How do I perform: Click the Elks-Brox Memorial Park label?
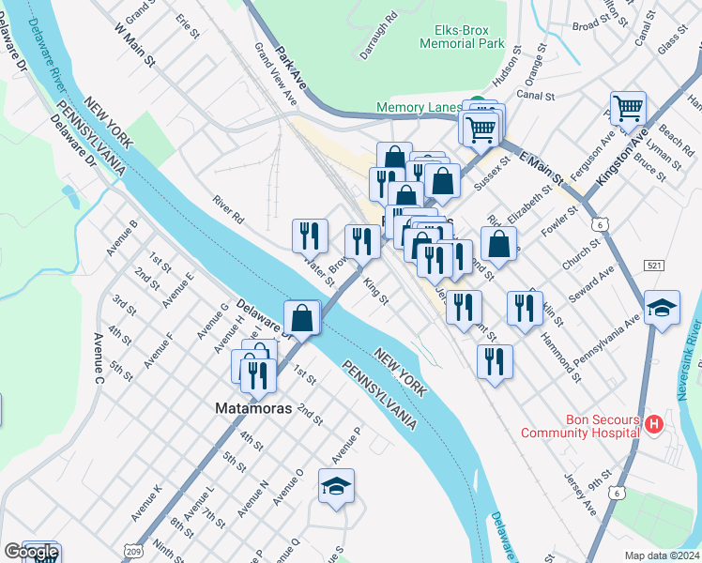point(461,37)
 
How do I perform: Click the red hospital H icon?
point(654,426)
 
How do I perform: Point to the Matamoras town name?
point(249,409)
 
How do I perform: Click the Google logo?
point(31,552)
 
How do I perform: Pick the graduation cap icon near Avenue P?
point(336,487)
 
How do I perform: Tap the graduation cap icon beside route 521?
point(662,309)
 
